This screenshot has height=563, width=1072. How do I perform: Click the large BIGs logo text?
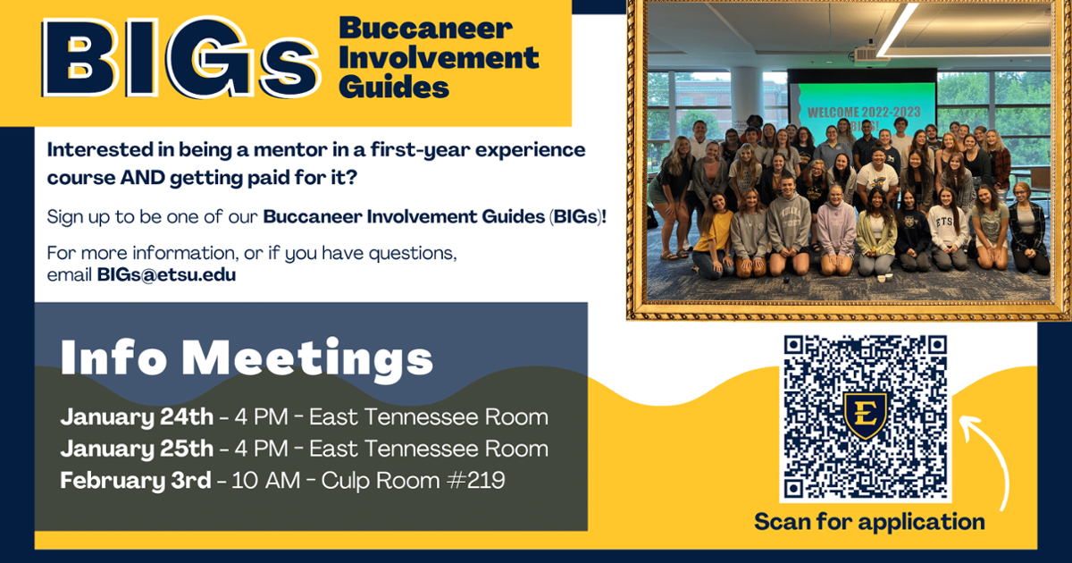(x=180, y=57)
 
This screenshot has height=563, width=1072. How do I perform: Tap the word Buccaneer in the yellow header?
(x=426, y=29)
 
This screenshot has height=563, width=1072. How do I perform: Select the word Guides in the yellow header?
(x=394, y=88)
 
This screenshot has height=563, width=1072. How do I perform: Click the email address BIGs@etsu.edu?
(x=166, y=275)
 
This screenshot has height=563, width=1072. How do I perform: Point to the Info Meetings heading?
(x=247, y=358)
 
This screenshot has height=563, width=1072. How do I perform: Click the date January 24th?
(x=137, y=417)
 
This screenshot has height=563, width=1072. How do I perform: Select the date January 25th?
(x=137, y=449)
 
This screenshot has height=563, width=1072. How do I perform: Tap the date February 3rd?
(x=136, y=480)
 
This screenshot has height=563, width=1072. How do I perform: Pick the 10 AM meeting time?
(x=265, y=480)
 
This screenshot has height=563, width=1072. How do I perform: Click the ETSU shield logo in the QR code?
(x=866, y=415)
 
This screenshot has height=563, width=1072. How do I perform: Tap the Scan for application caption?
(x=869, y=521)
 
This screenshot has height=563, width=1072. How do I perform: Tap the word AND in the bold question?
(x=142, y=178)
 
